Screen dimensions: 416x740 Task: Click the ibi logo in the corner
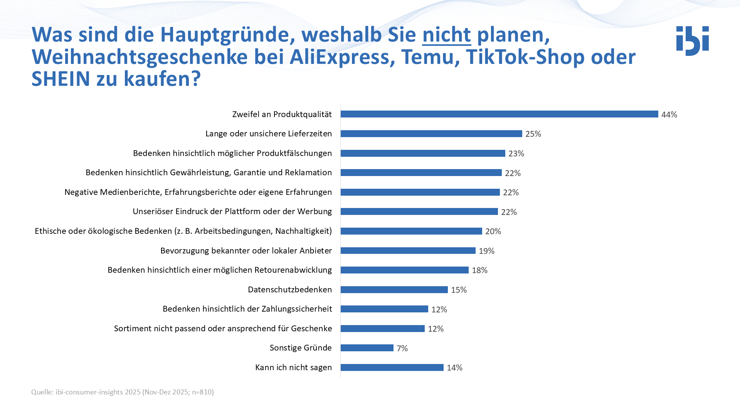(x=692, y=41)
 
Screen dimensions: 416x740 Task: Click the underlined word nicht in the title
(x=446, y=35)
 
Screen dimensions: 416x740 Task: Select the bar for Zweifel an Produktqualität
(x=499, y=114)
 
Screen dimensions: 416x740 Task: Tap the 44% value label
(x=669, y=115)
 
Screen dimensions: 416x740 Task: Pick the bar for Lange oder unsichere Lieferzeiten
(x=431, y=134)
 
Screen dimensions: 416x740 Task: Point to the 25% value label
(x=533, y=134)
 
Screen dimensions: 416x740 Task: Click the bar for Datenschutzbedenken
(x=394, y=290)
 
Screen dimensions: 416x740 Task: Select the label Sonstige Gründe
(x=301, y=348)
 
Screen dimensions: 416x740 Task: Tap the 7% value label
(x=402, y=348)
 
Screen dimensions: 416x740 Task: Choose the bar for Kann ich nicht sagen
(x=392, y=367)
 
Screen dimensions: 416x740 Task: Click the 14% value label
(x=454, y=368)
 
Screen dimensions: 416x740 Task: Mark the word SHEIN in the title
(x=61, y=79)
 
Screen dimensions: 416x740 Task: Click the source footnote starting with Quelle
(x=123, y=392)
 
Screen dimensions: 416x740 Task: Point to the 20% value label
(x=493, y=231)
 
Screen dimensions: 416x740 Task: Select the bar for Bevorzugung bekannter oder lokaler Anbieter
(x=408, y=251)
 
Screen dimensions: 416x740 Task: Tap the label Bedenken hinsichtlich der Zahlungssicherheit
(x=247, y=309)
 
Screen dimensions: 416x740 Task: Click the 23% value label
(x=516, y=154)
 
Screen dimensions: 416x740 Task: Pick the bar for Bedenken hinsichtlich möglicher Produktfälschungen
(x=422, y=153)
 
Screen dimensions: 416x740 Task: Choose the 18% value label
(x=479, y=270)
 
